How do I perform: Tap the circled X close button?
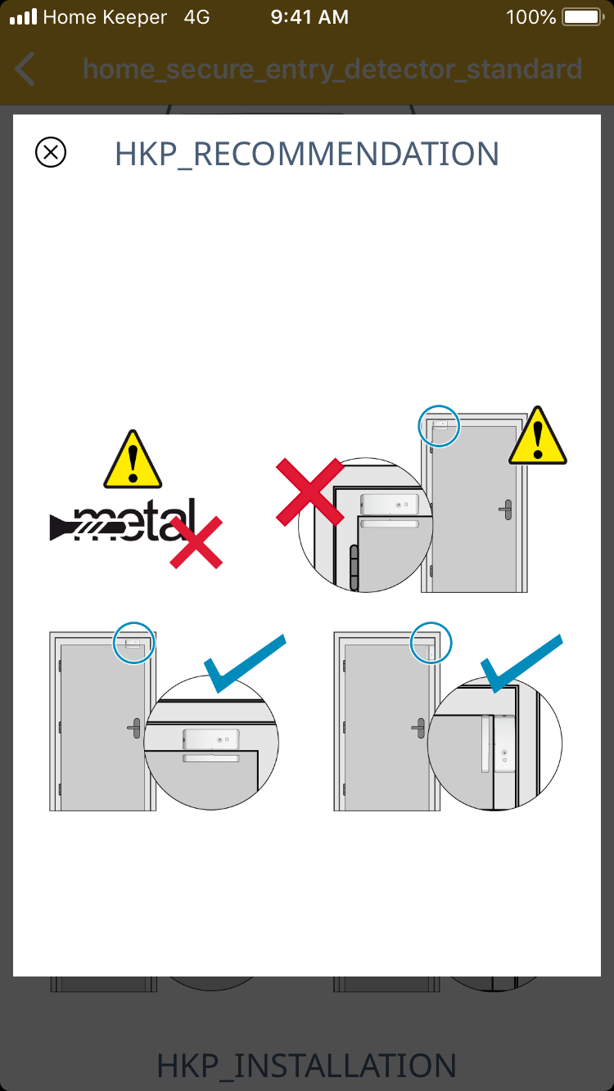pos(51,152)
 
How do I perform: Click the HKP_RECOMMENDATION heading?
pos(307,155)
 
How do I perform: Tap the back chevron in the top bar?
pos(25,69)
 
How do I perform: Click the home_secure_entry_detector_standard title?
pos(332,70)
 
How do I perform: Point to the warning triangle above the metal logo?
pos(133,460)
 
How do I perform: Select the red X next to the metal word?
pos(196,542)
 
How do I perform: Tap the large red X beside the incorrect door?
pos(310,492)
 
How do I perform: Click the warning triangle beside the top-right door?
pos(537,436)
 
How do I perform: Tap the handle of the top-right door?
pos(506,510)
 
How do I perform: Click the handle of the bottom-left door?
pos(134,728)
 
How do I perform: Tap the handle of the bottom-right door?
pos(418,728)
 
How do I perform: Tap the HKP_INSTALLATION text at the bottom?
pos(307,1065)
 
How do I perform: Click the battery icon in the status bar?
pos(583,17)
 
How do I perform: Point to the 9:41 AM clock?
pos(309,17)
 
